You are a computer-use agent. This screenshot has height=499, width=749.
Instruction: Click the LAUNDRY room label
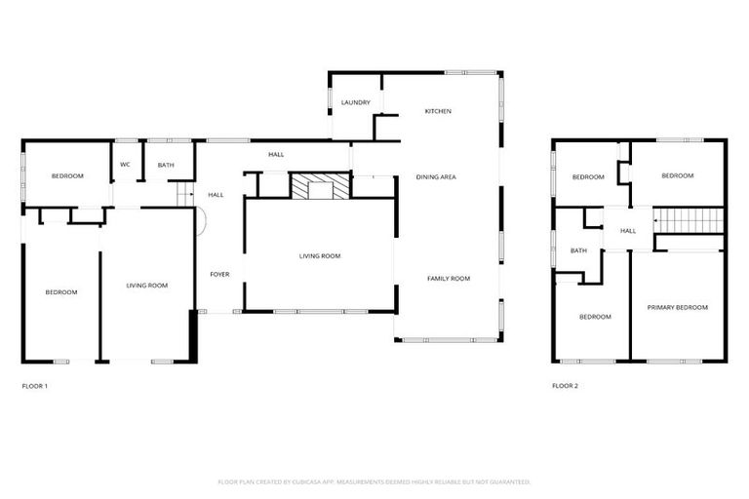(355, 102)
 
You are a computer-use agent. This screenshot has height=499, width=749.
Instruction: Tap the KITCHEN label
(438, 111)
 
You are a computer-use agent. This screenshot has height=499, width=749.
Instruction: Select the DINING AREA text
(436, 176)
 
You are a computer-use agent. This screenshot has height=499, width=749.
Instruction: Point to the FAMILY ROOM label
(449, 279)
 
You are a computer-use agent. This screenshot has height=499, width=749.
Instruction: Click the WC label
(125, 165)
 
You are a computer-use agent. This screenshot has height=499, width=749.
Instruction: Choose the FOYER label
(219, 275)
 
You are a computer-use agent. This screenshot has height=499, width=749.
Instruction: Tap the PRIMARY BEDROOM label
(678, 307)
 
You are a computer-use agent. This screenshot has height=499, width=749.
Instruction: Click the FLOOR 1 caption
(34, 386)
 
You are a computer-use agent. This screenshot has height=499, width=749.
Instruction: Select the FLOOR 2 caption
(565, 386)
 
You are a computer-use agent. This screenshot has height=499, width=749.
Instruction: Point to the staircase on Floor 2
(689, 220)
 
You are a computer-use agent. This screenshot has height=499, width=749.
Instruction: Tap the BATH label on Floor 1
(166, 165)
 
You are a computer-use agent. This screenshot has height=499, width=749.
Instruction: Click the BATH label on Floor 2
(578, 250)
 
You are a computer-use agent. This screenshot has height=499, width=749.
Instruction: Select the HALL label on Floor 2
(628, 231)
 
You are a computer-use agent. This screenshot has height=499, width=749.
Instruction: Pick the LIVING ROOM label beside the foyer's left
(147, 286)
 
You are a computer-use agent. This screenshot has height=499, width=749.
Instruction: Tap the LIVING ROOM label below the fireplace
(319, 256)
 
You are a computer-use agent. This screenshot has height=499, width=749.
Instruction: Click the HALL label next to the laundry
(276, 154)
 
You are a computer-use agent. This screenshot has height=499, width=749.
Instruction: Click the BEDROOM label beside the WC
(67, 175)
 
